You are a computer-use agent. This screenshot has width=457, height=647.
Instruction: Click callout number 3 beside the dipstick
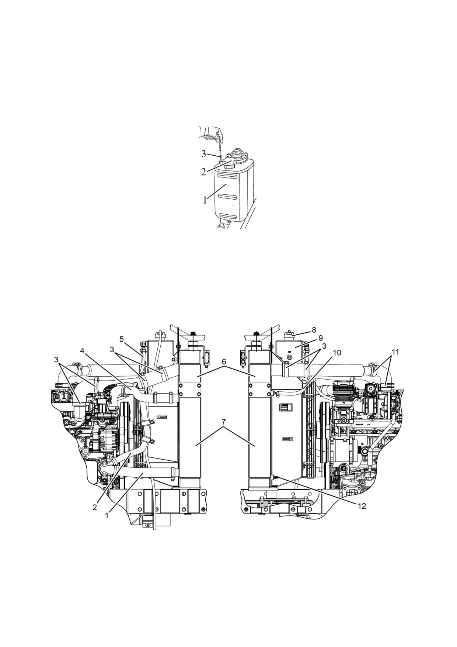(x=204, y=154)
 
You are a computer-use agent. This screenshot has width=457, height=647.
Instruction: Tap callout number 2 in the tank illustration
(x=204, y=172)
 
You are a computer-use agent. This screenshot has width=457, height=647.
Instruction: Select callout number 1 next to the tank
(x=205, y=200)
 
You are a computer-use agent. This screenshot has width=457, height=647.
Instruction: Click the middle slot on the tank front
(x=229, y=197)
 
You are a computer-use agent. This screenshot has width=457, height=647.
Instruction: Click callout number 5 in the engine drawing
(x=122, y=339)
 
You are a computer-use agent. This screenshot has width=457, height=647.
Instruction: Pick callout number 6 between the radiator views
(x=224, y=362)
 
